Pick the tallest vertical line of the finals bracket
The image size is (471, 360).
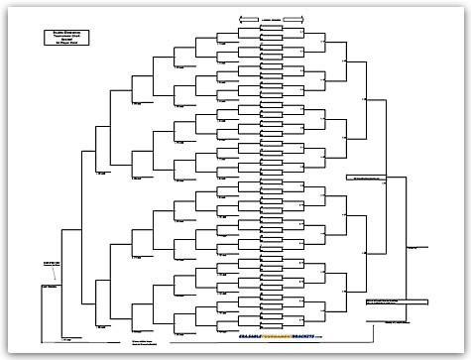407,238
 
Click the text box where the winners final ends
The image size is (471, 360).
372,179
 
